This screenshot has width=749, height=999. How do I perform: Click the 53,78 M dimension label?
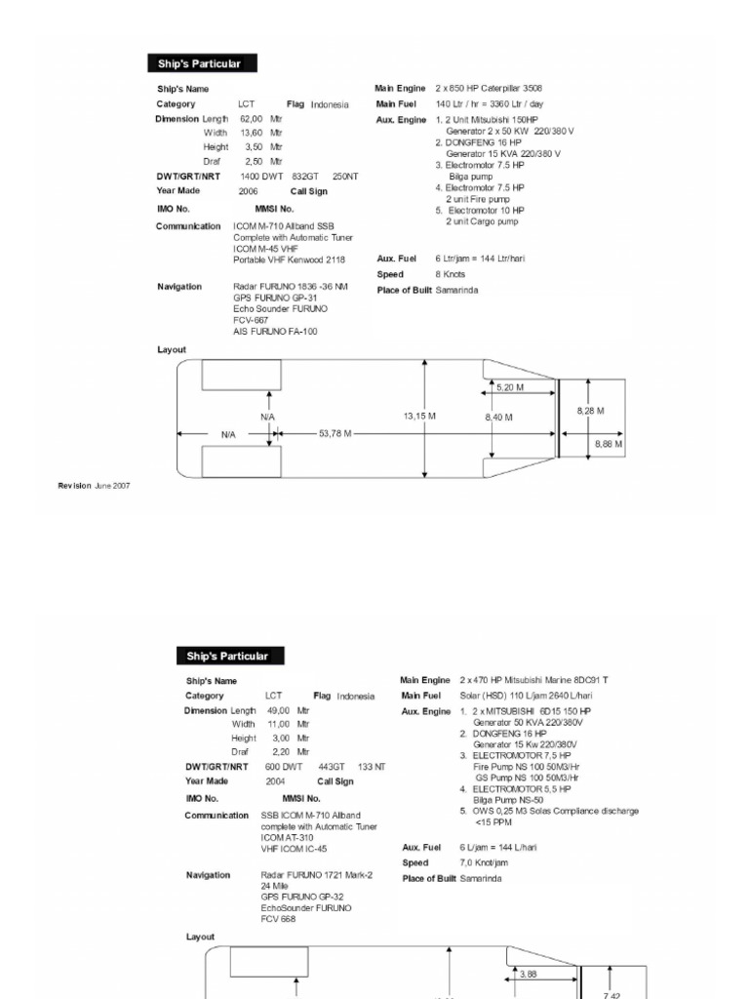pos(334,433)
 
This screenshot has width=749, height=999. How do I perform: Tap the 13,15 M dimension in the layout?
pos(419,417)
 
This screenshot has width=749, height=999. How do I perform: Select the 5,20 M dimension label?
pos(510,387)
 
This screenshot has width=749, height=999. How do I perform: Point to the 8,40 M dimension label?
pos(499,418)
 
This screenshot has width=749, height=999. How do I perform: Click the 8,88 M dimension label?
pos(609,444)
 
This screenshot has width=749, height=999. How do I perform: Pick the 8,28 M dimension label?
pos(590,411)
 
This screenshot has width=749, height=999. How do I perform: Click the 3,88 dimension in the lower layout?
pos(529,974)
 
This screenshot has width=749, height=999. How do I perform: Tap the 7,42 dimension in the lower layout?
pos(611,995)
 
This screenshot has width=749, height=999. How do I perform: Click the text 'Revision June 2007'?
pos(94,485)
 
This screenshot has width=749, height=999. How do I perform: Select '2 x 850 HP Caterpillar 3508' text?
pos(489,89)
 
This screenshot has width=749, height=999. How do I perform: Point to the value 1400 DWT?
pos(261,177)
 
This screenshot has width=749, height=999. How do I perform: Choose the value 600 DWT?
pos(284,767)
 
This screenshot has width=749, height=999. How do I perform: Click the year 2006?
pos(249,192)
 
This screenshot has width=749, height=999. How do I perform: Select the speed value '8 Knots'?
pos(450,275)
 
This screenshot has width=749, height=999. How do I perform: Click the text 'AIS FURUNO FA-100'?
pos(275,332)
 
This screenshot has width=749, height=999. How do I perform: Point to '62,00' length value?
pos(252,118)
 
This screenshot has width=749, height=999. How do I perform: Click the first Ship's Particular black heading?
pos(193,64)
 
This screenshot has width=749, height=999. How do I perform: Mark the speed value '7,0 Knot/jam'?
pos(484,863)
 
